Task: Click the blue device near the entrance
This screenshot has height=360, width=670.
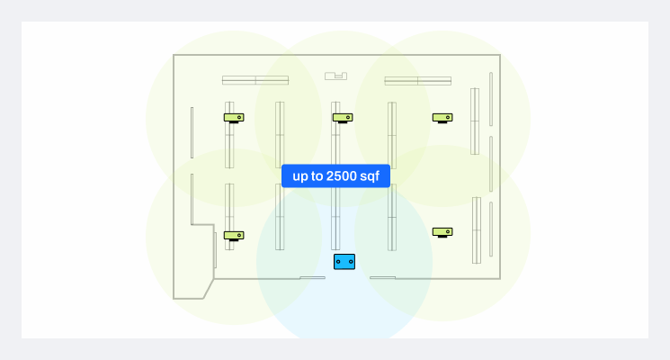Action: point(344,262)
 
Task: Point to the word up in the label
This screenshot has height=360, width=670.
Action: point(301,175)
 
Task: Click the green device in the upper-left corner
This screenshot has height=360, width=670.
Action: point(234,117)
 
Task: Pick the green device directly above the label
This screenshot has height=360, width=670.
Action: point(343,117)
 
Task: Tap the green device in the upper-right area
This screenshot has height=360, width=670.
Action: point(442,117)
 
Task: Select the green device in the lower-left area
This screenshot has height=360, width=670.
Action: point(234,235)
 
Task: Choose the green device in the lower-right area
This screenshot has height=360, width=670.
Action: point(442,231)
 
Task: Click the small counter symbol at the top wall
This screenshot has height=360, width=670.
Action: point(335,76)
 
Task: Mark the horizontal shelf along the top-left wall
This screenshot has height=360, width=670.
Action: point(255,80)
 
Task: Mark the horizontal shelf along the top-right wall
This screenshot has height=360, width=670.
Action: point(417,81)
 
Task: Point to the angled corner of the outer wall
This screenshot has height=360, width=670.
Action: point(209,288)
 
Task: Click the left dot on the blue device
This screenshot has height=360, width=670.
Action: point(339,262)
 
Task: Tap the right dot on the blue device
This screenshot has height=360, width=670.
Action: point(350,262)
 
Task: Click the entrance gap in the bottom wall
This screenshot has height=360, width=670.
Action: point(347,278)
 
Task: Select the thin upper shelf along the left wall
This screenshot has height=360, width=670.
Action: point(192,132)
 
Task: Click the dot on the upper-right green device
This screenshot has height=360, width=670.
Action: point(447,117)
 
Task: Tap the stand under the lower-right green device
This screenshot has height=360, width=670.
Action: point(442,237)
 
